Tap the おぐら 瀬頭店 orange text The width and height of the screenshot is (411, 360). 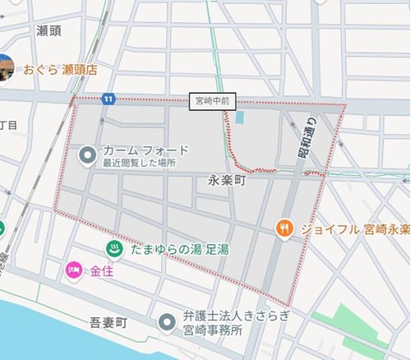tap(60, 71)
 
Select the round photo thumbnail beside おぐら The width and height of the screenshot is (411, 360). tap(5, 69)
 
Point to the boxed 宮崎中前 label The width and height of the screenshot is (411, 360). tap(213, 100)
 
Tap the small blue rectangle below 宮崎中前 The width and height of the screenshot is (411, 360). tap(239, 117)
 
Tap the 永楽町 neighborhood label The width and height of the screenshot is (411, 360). tap(228, 178)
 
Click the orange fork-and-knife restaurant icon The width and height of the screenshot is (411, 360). tap(284, 227)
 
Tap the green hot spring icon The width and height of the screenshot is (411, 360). tap(110, 248)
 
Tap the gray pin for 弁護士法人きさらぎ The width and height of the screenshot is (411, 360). tap(168, 321)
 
